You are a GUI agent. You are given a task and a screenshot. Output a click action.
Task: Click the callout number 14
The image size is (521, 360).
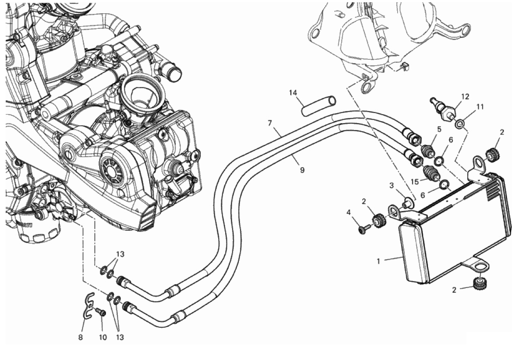pyautogui.click(x=292, y=93)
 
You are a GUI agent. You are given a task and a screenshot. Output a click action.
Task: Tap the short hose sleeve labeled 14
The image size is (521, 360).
pyautogui.click(x=319, y=106)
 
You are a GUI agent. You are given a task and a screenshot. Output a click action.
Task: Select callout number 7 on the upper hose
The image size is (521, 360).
pyautogui.click(x=270, y=123)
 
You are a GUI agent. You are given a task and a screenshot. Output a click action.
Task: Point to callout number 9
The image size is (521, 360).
pyautogui.click(x=302, y=170)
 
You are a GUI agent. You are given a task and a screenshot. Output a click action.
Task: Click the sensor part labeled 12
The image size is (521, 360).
pyautogui.click(x=442, y=109)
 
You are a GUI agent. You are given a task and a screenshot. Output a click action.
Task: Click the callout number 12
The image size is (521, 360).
pyautogui.click(x=465, y=97)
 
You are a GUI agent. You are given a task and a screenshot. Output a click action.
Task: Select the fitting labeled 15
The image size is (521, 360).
pyautogui.click(x=431, y=172)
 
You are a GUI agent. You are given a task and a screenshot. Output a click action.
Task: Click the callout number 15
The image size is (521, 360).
pyautogui.click(x=415, y=182)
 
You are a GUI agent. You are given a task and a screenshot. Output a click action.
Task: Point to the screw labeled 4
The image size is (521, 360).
pyautogui.click(x=363, y=229)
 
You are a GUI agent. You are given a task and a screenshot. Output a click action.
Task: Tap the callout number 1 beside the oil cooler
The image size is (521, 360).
pyautogui.click(x=378, y=261)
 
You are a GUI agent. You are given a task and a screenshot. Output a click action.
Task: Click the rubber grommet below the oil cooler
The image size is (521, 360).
pyautogui.click(x=477, y=283)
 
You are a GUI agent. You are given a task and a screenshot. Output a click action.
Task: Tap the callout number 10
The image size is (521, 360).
pyautogui.click(x=103, y=337)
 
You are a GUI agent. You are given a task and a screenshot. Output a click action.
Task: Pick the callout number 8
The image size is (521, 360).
pyautogui.click(x=80, y=337)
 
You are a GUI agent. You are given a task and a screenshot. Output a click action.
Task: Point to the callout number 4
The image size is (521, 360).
pyautogui.click(x=348, y=212)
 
